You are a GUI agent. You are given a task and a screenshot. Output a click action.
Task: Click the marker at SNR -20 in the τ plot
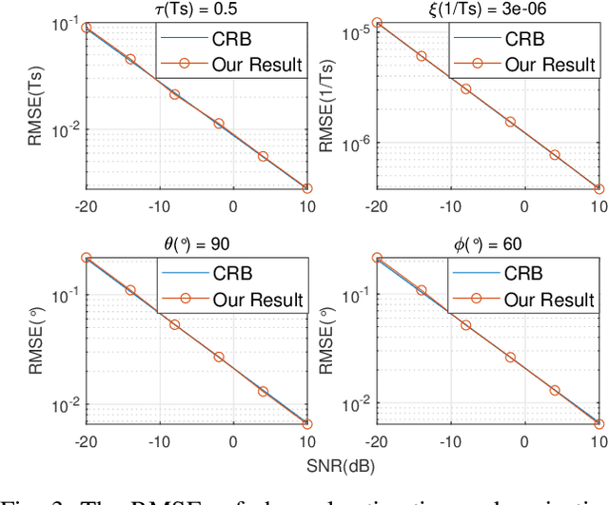[x=87, y=28]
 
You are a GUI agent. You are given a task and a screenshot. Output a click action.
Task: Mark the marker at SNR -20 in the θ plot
[x=87, y=258]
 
